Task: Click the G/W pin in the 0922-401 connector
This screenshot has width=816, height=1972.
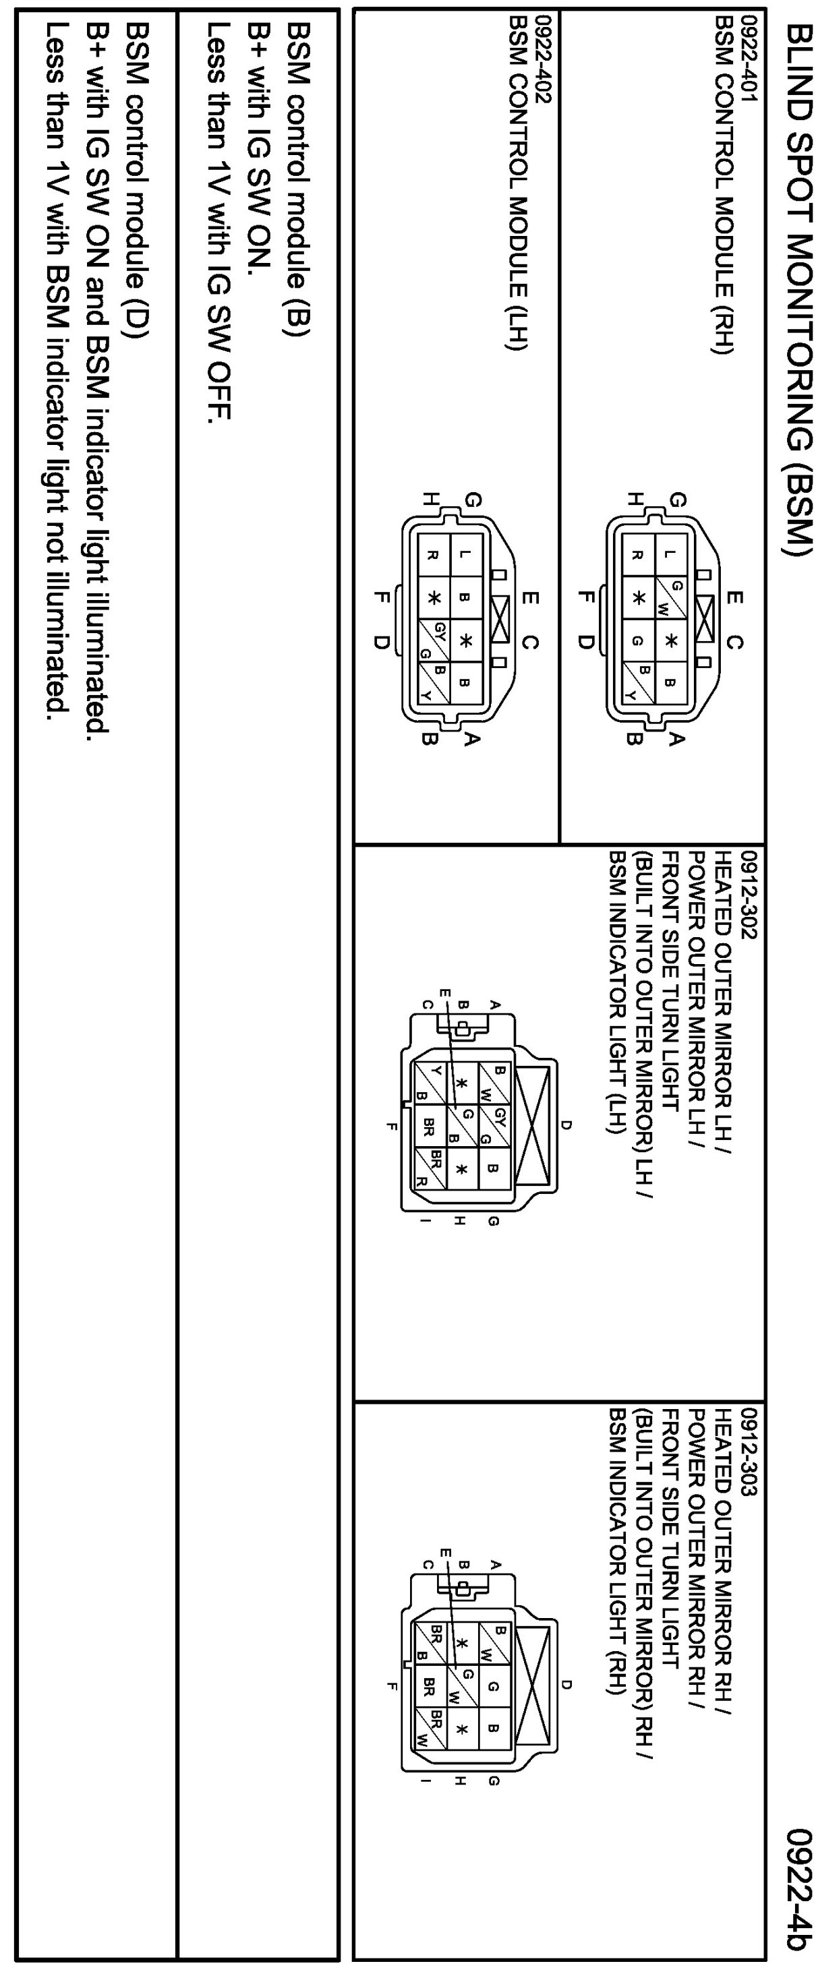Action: pos(670,598)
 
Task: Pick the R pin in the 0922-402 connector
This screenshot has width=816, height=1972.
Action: pos(432,555)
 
